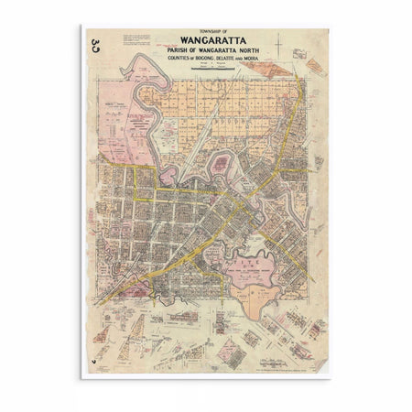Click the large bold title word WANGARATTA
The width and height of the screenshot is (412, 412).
(207, 40)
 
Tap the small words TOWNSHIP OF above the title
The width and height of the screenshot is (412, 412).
(207, 31)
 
